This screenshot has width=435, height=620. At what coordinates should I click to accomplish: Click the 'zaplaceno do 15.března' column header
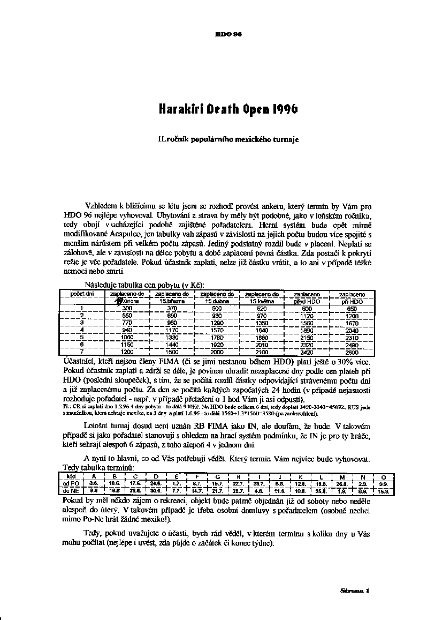[x=172, y=297]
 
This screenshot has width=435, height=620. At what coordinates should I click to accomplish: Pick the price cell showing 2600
[x=352, y=352]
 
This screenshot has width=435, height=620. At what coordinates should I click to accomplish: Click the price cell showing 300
[x=127, y=309]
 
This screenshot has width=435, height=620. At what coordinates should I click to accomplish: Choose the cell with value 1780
[x=217, y=338]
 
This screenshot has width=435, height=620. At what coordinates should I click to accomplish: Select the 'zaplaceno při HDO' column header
[x=352, y=297]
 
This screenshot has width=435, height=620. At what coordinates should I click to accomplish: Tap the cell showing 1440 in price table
[x=172, y=345]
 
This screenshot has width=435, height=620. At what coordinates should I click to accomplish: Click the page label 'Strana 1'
[x=355, y=591]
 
